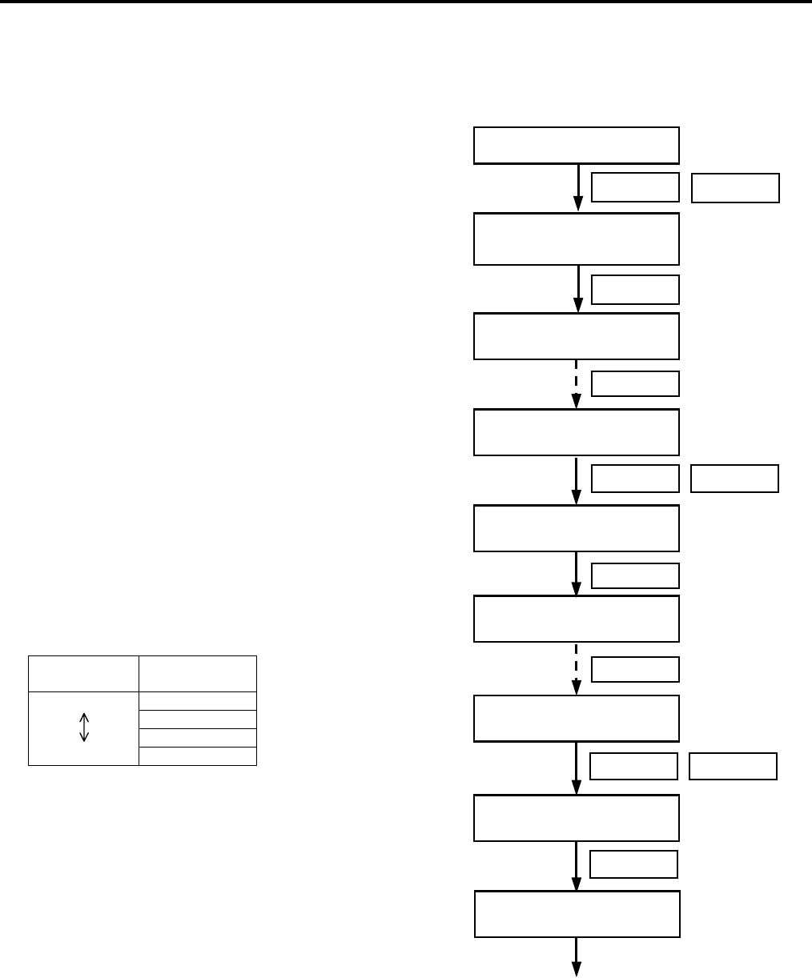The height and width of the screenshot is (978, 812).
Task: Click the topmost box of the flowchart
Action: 577,145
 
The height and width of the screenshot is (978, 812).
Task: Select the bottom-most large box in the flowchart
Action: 577,913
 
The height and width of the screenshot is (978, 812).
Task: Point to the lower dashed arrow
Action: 577,669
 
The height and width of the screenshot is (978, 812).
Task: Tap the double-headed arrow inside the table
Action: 84,727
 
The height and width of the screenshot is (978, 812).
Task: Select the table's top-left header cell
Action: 83,673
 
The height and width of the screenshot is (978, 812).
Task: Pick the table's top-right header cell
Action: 198,673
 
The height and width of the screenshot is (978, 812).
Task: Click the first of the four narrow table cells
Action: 198,700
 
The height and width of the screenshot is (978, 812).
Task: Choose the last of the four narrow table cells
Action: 198,756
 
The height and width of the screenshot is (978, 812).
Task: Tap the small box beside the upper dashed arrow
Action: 635,384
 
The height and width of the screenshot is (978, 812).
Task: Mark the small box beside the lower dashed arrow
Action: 635,669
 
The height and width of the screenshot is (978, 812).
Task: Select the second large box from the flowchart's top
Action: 577,238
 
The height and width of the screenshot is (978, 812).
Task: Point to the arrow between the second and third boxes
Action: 577,289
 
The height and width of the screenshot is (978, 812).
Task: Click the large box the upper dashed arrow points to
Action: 577,432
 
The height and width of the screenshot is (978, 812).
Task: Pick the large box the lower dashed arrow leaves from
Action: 577,619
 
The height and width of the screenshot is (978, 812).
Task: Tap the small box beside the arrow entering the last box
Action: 633,864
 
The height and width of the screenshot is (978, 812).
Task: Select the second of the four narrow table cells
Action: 198,719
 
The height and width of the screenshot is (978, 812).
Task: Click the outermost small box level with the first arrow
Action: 735,188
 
